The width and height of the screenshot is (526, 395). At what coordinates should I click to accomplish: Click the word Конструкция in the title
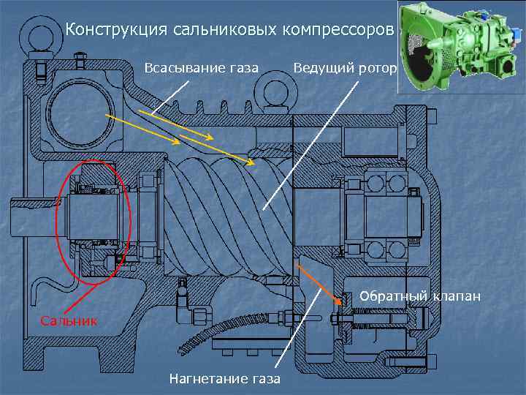pyautogui.click(x=117, y=31)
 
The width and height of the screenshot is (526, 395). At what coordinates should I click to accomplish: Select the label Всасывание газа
pyautogui.click(x=201, y=69)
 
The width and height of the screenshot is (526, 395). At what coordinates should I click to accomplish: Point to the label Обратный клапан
pyautogui.click(x=420, y=296)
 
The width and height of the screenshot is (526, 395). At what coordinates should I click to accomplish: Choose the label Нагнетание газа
pyautogui.click(x=224, y=379)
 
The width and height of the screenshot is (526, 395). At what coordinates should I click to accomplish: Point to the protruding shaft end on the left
pyautogui.click(x=29, y=216)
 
